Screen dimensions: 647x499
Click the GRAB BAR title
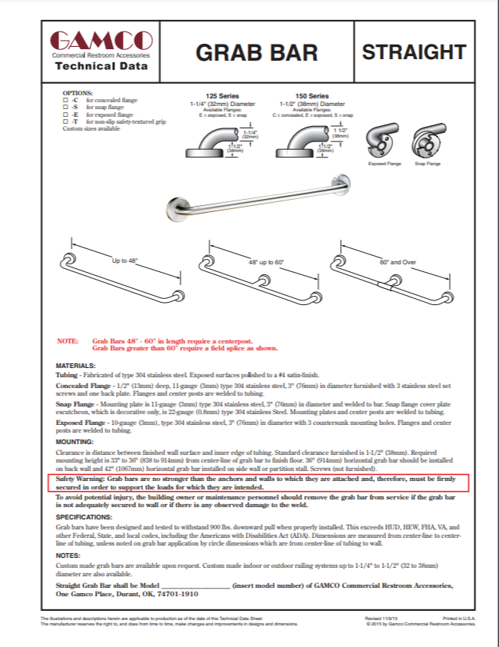point(256,52)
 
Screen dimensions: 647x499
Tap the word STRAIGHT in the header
point(414,52)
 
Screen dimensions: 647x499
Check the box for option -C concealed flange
point(64,100)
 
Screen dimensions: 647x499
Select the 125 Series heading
point(217,97)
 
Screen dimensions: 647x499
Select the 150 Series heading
point(312,97)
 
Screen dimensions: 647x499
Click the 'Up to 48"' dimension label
point(124,262)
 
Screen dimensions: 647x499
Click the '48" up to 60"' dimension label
point(266,263)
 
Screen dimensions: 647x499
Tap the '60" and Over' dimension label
point(398,262)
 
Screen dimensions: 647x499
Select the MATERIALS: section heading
point(76,365)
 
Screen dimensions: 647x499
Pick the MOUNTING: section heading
point(74,442)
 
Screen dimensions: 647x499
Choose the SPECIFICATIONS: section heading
point(84,517)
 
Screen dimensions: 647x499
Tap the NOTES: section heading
point(68,555)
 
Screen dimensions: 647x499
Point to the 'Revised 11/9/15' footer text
point(381,618)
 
